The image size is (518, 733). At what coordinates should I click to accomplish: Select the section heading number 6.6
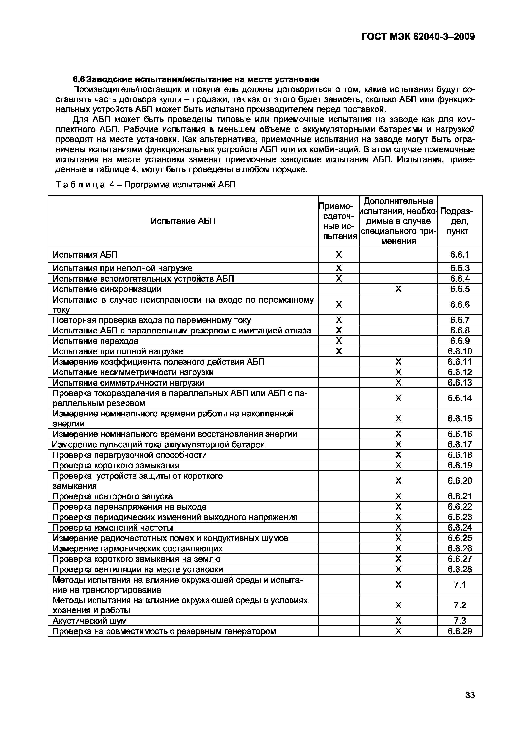(79, 79)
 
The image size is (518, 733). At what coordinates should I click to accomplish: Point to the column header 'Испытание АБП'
(183, 221)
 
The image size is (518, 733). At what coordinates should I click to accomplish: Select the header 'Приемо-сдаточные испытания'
(339, 221)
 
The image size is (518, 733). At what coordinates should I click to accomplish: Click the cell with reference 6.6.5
(460, 289)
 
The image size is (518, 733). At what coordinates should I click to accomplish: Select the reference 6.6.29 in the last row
(460, 631)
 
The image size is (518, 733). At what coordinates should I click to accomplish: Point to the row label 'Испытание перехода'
(95, 341)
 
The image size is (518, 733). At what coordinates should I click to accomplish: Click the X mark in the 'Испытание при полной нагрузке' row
(339, 351)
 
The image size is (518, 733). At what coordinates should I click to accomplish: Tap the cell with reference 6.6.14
(460, 398)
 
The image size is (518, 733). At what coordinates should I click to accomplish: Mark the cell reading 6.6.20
(460, 481)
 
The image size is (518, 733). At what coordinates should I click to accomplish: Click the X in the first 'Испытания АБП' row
(339, 255)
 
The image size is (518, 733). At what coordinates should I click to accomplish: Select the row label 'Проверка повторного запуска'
(112, 496)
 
